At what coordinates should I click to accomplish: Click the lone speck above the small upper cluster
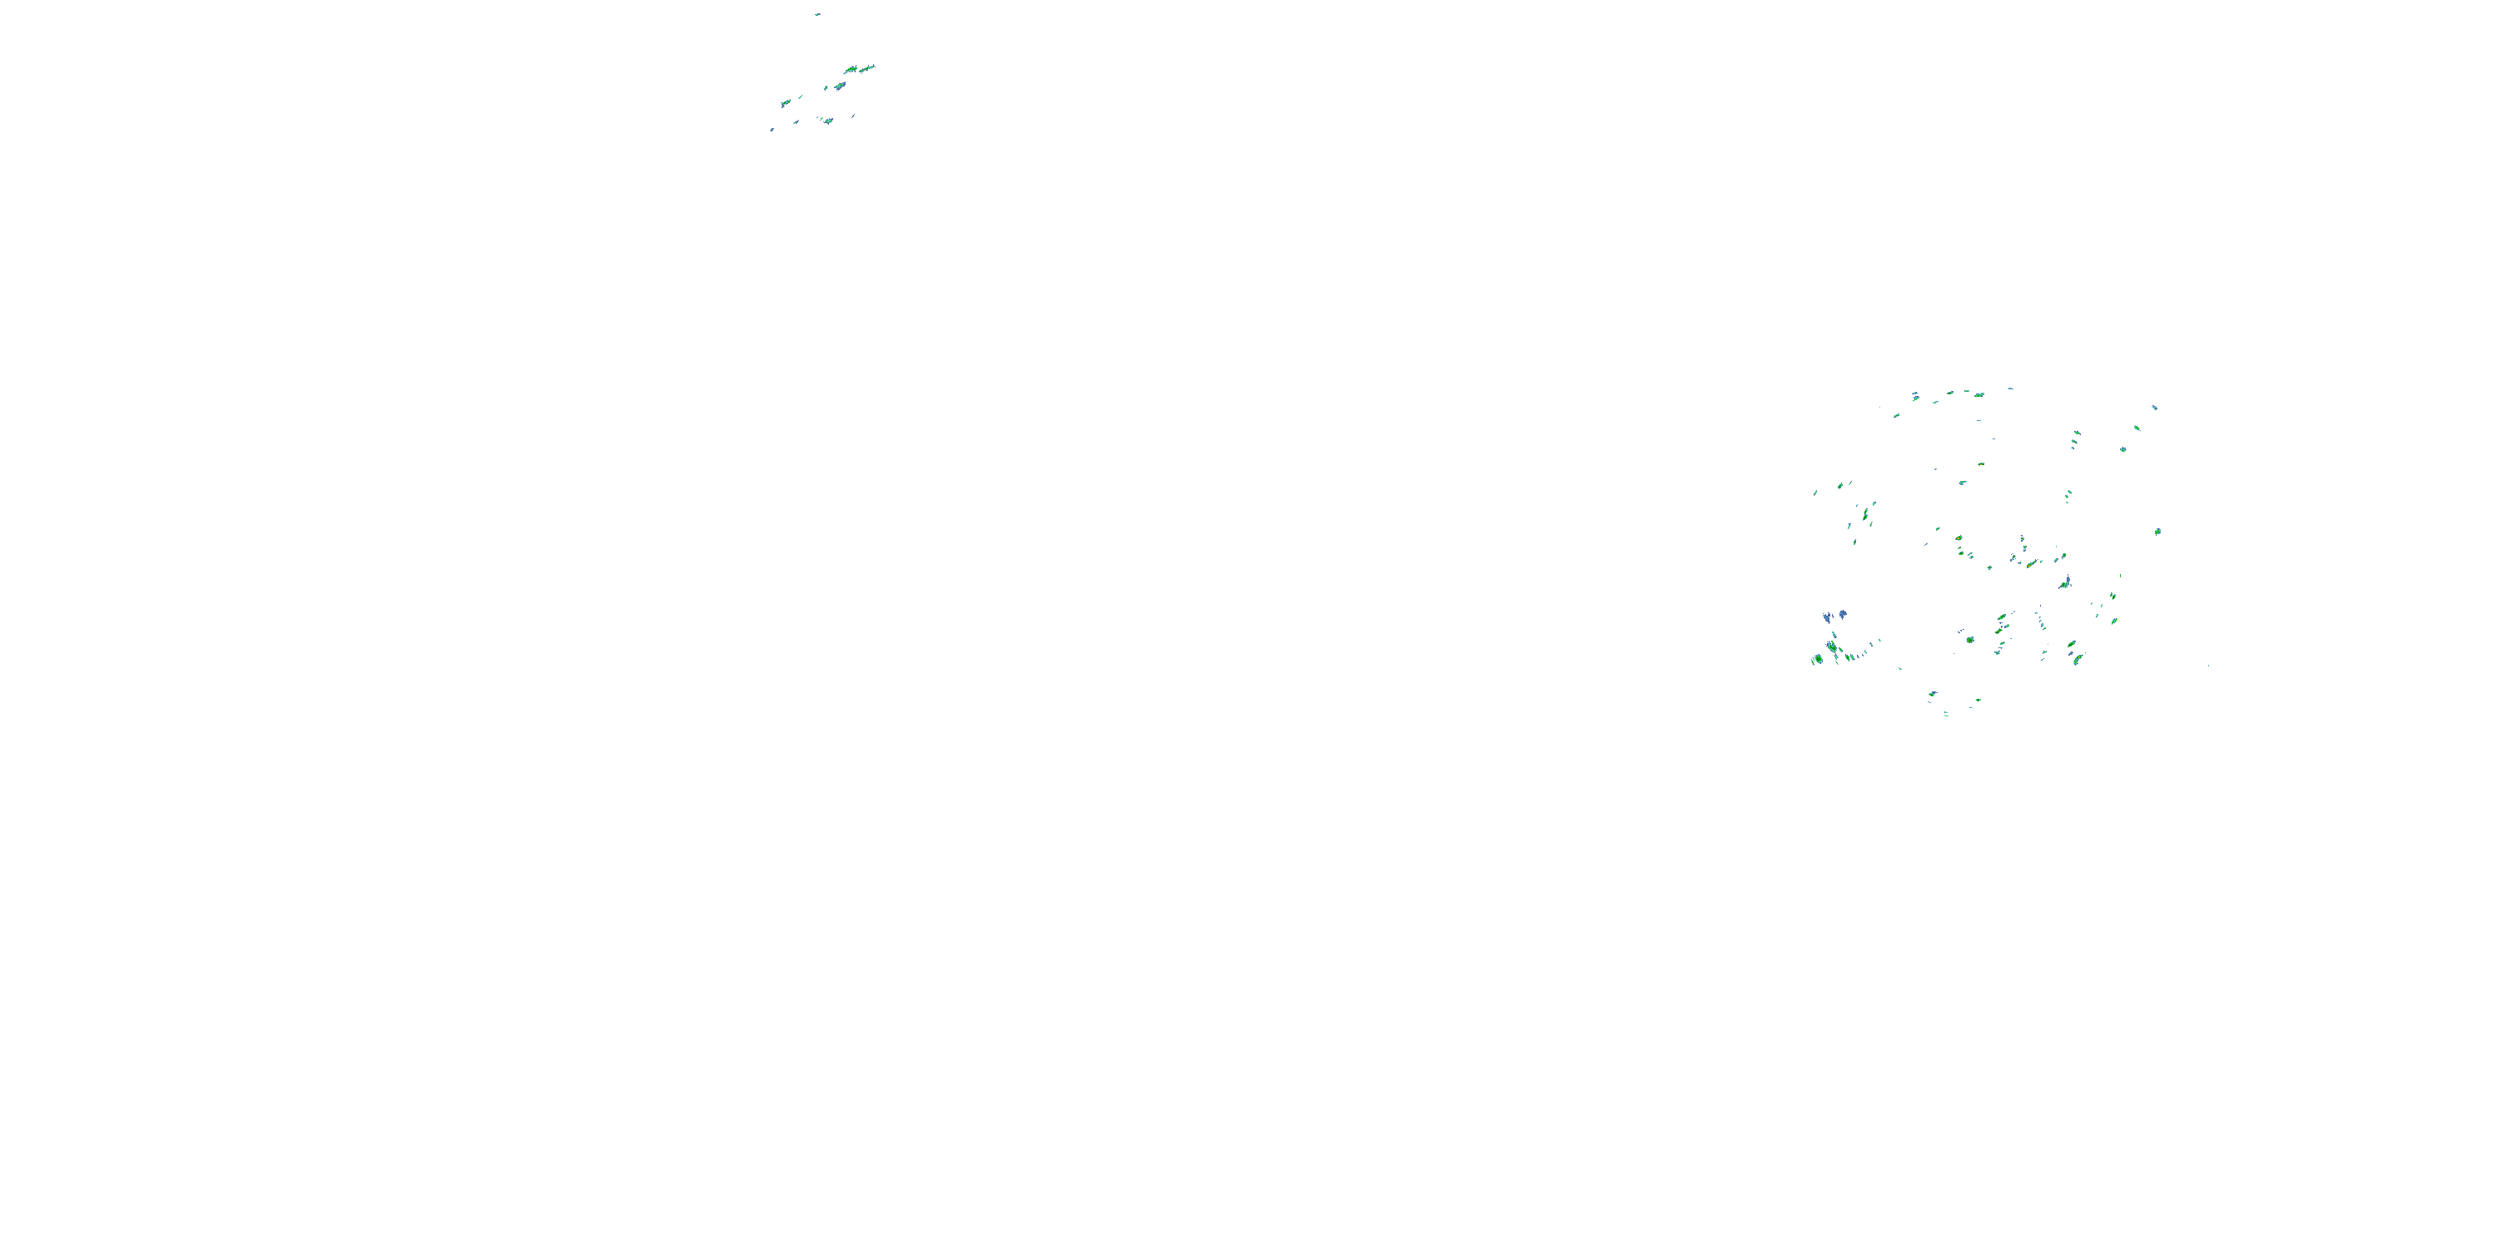[817, 14]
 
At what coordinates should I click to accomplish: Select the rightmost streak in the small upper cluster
[867, 68]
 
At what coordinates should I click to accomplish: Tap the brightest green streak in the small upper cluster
[852, 70]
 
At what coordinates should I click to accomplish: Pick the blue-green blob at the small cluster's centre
[838, 87]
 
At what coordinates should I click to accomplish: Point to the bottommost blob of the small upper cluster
[828, 121]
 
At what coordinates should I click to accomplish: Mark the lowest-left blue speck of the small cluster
[772, 130]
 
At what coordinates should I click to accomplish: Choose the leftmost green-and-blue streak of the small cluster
[785, 102]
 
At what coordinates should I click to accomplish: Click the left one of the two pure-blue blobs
[1827, 617]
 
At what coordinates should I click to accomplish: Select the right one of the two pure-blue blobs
[1842, 614]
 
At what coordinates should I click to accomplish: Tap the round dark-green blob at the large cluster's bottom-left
[1819, 659]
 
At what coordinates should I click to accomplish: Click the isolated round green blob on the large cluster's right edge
[2157, 531]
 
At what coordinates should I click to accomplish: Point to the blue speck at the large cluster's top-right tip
[2155, 408]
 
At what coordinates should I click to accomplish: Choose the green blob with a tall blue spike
[2066, 582]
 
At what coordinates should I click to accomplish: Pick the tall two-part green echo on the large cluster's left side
[1864, 513]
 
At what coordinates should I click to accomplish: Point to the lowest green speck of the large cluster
[1947, 714]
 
